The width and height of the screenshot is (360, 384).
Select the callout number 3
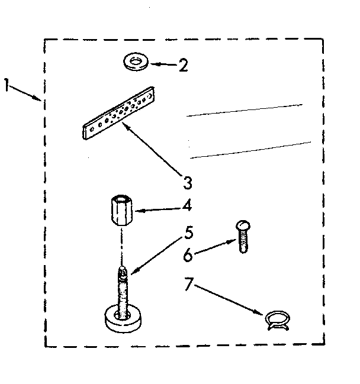187,181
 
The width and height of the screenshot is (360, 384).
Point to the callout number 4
187,207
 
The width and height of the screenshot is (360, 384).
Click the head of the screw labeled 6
242,225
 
